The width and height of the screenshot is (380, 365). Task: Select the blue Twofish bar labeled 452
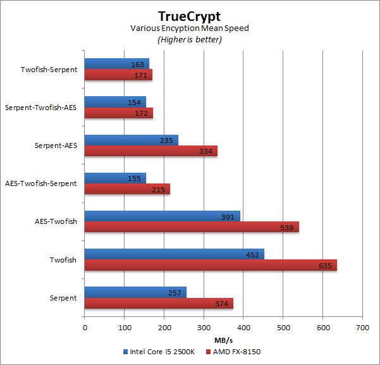pos(174,254)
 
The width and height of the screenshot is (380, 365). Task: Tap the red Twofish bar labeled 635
pos(211,265)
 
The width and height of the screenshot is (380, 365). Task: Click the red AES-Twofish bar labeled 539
pos(192,227)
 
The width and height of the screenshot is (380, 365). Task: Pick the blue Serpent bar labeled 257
pos(135,292)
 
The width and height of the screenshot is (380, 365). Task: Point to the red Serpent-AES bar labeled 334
pos(150,151)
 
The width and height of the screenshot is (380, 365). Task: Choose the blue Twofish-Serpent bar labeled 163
pos(116,63)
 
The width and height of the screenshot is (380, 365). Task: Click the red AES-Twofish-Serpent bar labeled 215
pos(127,189)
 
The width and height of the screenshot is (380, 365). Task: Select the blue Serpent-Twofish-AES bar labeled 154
pos(115,101)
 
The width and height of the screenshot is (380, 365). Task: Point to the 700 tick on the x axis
pos(362,328)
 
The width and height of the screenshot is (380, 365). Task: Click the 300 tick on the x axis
pos(204,328)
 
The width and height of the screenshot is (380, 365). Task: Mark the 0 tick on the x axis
pos(85,328)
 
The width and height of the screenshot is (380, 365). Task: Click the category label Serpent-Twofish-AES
pos(40,108)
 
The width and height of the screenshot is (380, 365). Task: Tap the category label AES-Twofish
pos(56,221)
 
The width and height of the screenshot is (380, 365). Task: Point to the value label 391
pos(232,216)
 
